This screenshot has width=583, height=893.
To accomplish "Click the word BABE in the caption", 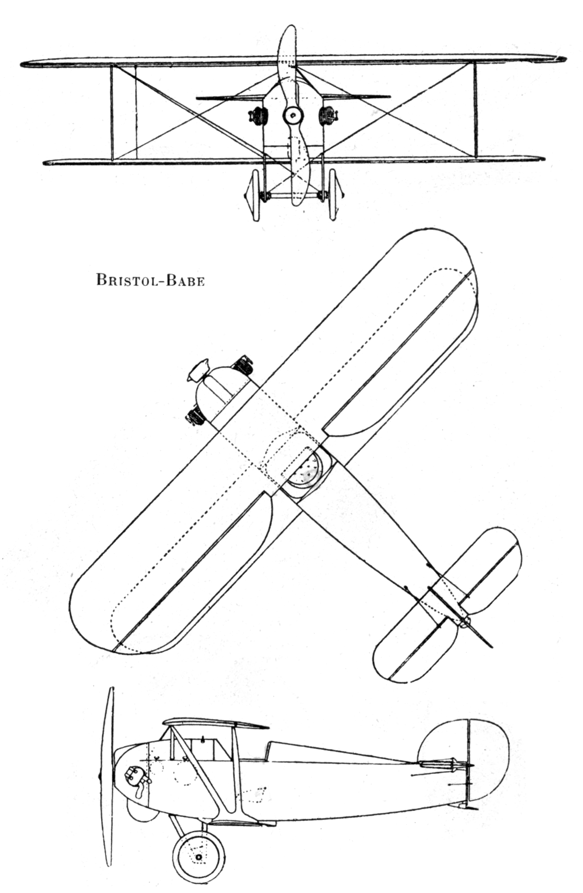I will tap(186, 280).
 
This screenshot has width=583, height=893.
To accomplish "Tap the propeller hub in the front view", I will tap(293, 115).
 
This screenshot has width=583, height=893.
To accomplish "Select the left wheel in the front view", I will tap(254, 194).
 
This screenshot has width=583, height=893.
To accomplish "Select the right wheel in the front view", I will tap(333, 194).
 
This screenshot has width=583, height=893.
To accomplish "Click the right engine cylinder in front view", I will tap(328, 116).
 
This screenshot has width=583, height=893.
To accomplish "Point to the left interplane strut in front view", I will tap(112, 112).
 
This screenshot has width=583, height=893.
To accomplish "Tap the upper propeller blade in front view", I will tap(287, 58).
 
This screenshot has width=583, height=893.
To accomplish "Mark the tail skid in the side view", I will tap(470, 807).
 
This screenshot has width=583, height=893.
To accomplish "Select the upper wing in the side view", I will tap(214, 723).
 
